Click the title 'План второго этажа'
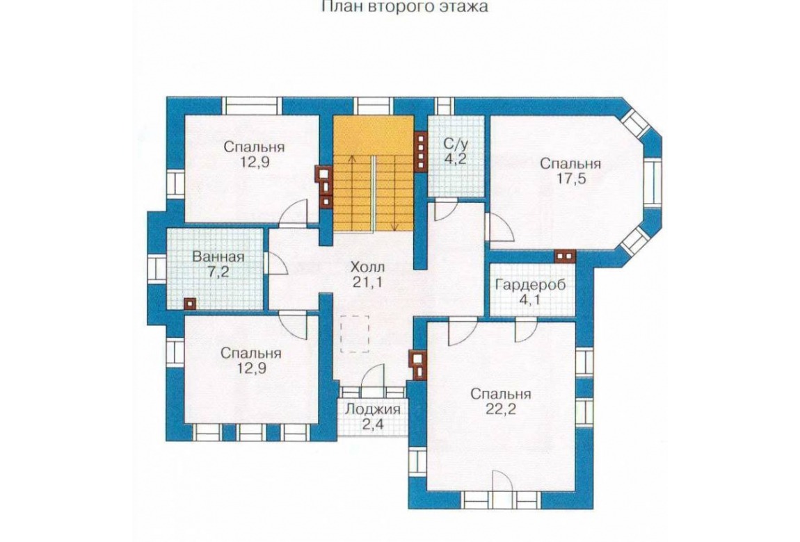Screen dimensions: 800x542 tap(405, 7)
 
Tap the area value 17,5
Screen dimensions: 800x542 tap(570, 181)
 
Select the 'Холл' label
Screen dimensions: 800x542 tap(368, 266)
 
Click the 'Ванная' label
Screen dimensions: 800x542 tap(218, 256)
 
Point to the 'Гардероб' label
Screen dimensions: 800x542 tap(531, 284)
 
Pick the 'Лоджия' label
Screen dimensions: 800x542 tap(373, 409)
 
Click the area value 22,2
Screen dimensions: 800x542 tap(500, 409)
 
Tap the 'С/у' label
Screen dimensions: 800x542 tap(456, 143)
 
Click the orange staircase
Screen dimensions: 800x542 tap(373, 173)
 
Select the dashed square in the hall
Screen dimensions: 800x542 tap(355, 334)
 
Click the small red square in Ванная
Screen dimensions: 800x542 tap(189, 303)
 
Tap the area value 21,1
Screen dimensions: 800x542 tap(368, 281)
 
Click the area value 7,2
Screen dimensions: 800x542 tap(218, 272)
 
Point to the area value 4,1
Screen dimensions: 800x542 tap(530, 299)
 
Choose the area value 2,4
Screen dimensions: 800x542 tap(373, 425)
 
